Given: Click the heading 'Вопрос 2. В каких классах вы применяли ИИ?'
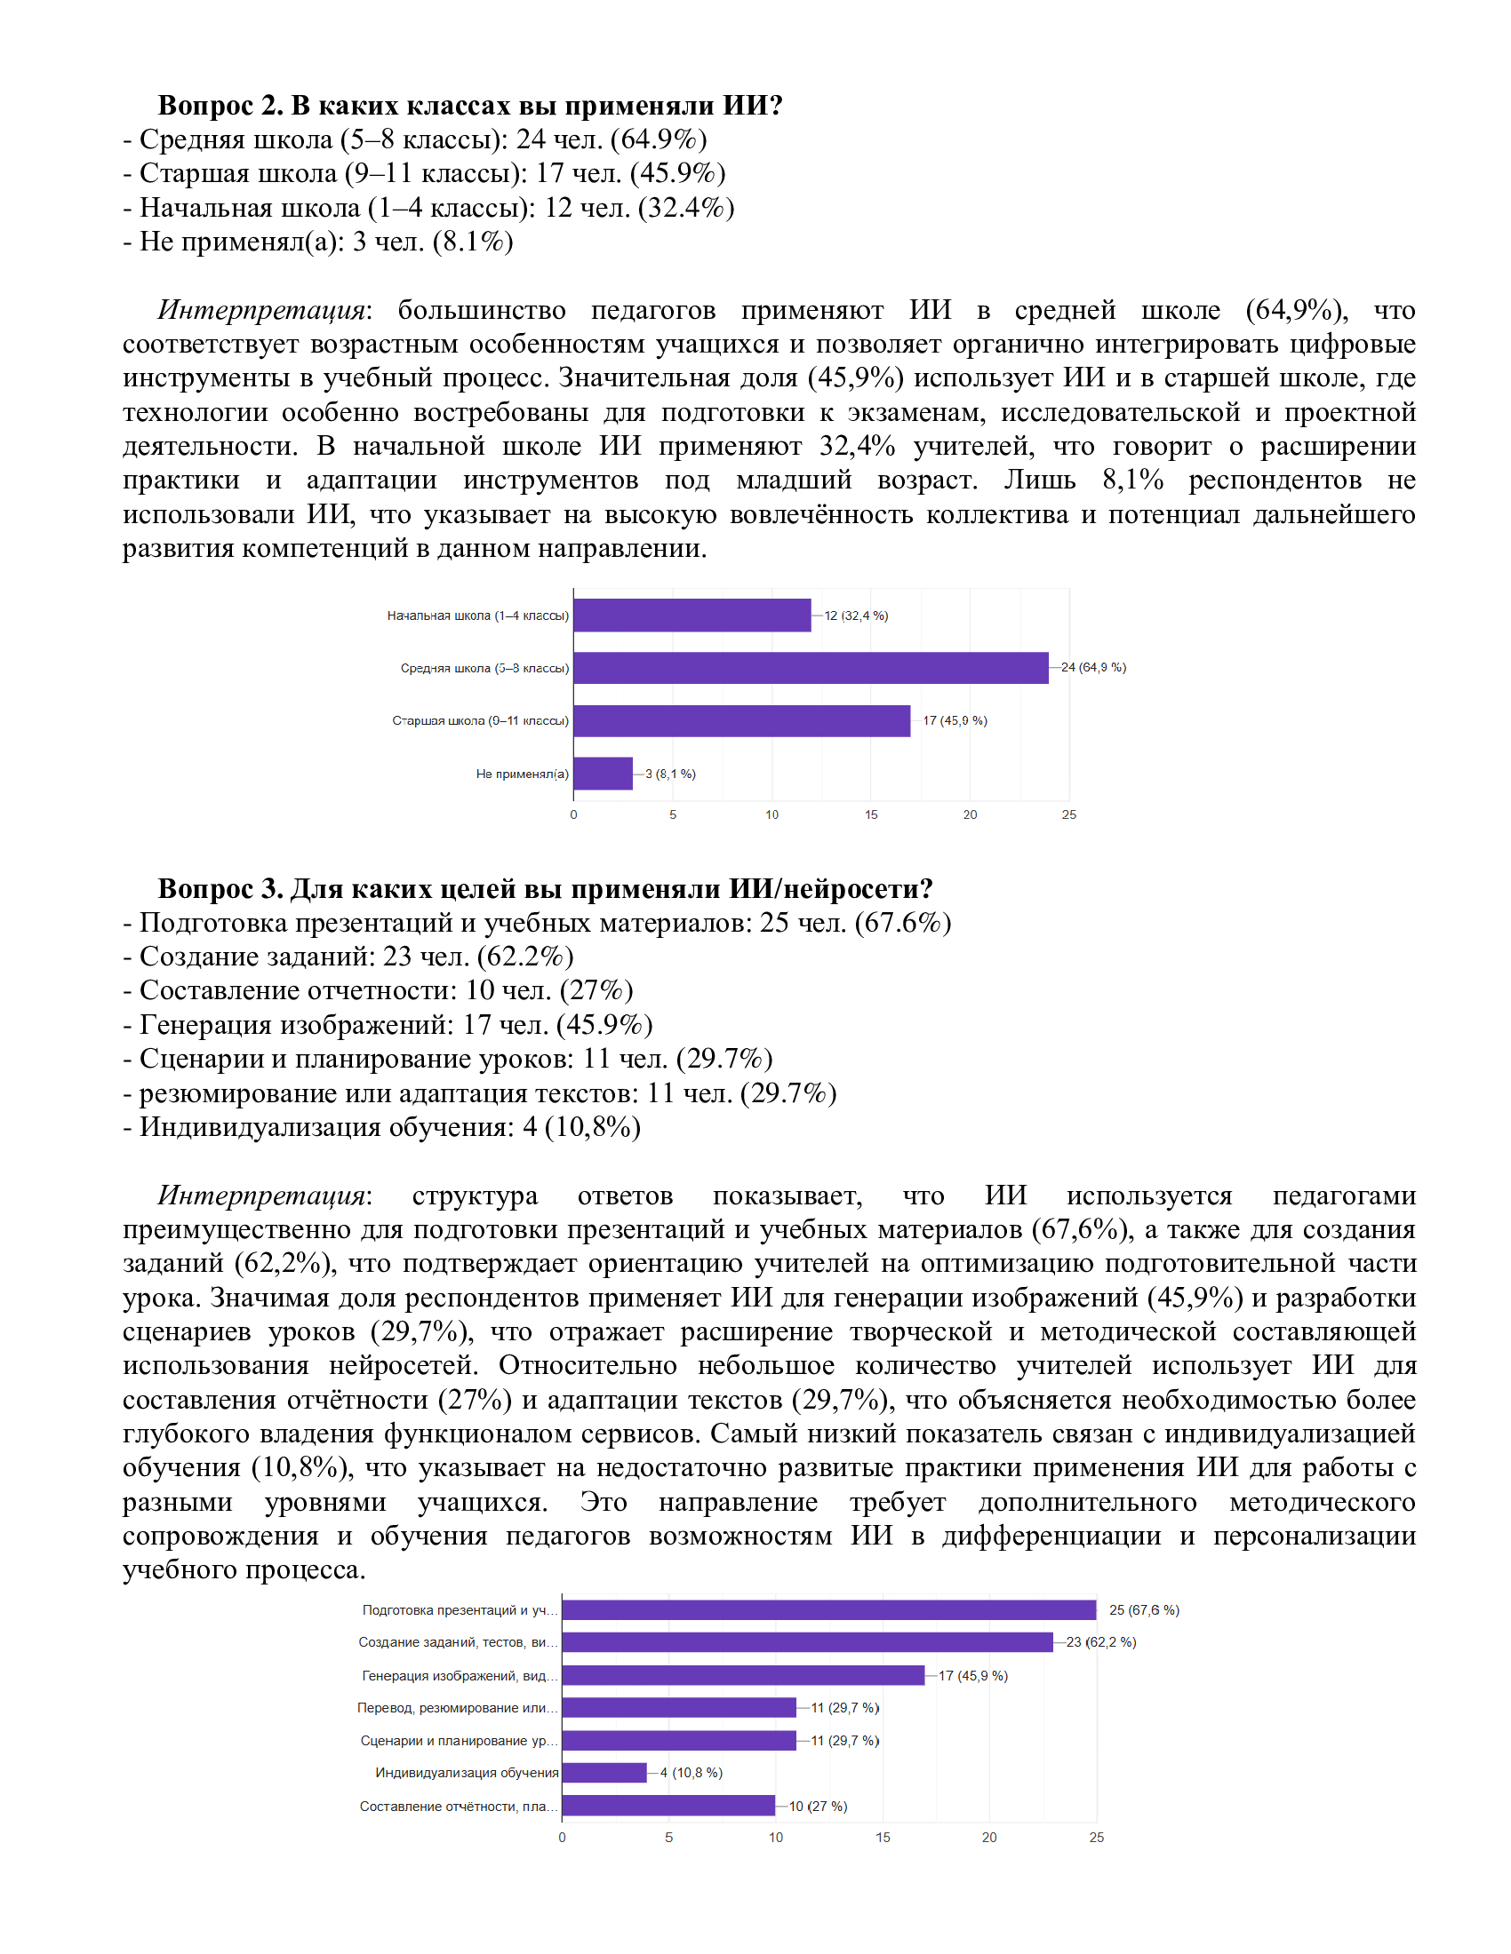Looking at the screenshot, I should tap(470, 106).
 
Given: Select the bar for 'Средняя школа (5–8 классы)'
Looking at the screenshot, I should tap(810, 667).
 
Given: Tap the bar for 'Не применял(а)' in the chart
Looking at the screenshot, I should tap(603, 773).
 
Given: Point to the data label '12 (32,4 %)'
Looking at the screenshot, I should tap(856, 616).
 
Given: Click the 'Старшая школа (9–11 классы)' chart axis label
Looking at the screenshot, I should tap(480, 720).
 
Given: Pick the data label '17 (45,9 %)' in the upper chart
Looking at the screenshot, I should tap(955, 720).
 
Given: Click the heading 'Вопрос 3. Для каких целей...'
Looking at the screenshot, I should tap(545, 888).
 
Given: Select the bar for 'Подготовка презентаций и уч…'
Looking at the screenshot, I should tap(828, 1609).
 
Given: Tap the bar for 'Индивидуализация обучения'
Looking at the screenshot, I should tap(604, 1773).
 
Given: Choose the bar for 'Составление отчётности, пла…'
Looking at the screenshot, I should tap(668, 1806).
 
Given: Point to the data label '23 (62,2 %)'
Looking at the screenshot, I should tap(1101, 1641).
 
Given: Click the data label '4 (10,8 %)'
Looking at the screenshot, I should tap(691, 1773).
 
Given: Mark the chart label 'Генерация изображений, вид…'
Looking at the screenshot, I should tap(460, 1675).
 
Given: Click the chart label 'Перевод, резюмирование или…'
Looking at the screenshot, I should tap(458, 1707).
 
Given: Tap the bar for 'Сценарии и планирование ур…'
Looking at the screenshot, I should tap(678, 1740).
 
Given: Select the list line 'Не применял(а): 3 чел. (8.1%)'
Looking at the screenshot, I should tap(318, 242).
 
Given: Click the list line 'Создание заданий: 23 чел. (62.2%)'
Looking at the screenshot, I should tap(348, 957).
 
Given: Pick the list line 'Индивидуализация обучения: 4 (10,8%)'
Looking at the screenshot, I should tap(382, 1126).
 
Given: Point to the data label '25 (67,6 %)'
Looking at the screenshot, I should tap(1144, 1609).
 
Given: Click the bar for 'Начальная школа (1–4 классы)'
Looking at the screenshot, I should tap(692, 616).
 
